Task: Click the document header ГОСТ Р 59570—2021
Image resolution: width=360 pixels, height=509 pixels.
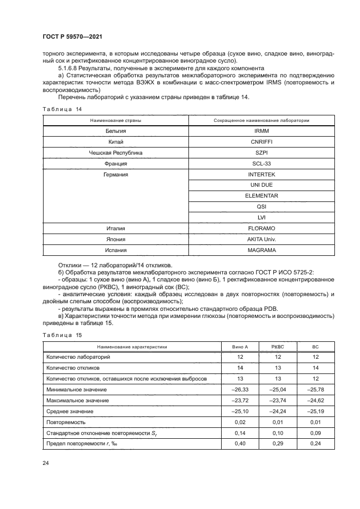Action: tap(72, 36)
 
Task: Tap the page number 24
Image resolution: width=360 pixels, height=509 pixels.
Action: tap(45, 463)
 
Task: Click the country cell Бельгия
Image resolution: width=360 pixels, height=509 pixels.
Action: tap(115, 131)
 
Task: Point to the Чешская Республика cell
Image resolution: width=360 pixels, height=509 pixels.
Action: tap(115, 153)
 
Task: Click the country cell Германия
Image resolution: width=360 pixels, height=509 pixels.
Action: tap(115, 174)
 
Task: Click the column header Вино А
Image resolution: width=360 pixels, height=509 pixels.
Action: tap(240, 346)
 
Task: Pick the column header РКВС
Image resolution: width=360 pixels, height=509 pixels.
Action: tap(278, 346)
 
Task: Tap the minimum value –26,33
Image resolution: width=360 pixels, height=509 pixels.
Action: tap(240, 390)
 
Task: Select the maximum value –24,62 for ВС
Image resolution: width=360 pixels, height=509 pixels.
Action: tap(315, 401)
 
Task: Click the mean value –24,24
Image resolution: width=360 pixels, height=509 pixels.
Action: tap(278, 412)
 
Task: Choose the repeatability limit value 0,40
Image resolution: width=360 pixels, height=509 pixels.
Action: tap(240, 444)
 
